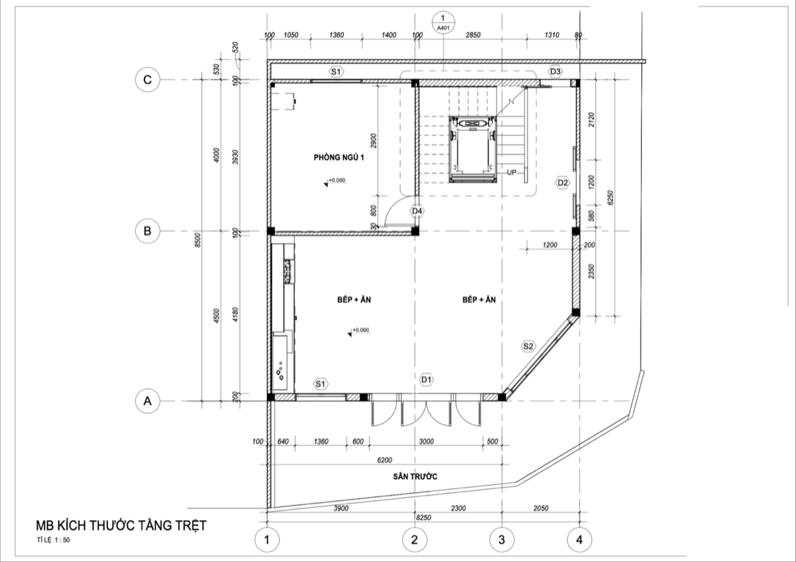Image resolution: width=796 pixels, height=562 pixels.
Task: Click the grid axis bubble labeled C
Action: coord(147,80)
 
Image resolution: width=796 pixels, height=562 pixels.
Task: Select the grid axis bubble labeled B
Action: coord(147,231)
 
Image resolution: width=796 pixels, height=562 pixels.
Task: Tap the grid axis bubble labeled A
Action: coord(147,401)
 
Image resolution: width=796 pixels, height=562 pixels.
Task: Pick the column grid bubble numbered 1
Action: coord(267,540)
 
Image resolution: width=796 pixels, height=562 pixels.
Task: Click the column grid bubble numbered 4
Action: coord(579,540)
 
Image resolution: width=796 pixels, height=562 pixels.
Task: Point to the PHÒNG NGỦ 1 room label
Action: coord(339,158)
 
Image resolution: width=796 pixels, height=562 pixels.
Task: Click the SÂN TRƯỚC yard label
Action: coord(415,476)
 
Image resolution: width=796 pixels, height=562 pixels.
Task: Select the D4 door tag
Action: coord(418,210)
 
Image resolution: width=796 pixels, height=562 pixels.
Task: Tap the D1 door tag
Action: coord(426,380)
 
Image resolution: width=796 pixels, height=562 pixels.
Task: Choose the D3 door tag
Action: coord(556,72)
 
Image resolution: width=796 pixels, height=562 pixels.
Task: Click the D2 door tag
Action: coord(563,182)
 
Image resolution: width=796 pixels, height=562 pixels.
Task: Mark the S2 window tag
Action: coord(528,346)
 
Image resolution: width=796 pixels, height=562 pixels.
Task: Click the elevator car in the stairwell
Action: coord(473,148)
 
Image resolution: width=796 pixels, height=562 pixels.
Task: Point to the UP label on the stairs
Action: coord(511,172)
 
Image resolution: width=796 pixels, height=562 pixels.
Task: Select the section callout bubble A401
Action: coord(443,23)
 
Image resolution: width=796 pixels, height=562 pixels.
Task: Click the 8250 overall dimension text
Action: coord(423,518)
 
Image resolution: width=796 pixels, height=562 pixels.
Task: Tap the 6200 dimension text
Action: coord(384,460)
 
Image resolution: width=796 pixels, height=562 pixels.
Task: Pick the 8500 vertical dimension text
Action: coord(198,239)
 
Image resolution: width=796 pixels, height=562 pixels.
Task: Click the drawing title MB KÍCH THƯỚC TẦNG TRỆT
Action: coord(121,526)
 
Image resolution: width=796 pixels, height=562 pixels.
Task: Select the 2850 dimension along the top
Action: coord(473,35)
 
